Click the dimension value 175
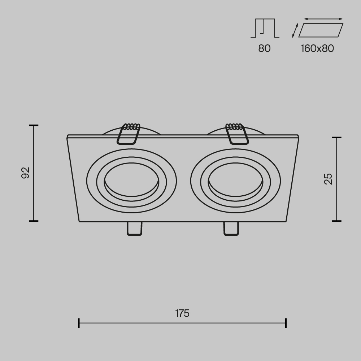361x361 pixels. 182,313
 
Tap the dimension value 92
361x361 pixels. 25,173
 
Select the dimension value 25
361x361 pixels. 328,179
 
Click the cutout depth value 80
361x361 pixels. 264,48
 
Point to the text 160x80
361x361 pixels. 317,48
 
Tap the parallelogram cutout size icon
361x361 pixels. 321,30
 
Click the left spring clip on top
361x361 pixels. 129,134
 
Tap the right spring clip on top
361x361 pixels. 236,134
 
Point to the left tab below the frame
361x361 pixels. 134,229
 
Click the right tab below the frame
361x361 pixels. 231,229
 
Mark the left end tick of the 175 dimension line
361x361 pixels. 79,323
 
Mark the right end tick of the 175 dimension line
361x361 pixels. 286,323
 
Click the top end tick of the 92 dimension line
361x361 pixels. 34,125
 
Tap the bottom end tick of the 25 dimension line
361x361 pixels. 336,221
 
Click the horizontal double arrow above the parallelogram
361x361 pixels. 323,19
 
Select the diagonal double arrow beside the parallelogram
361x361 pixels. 295,30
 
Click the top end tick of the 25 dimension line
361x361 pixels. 336,138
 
